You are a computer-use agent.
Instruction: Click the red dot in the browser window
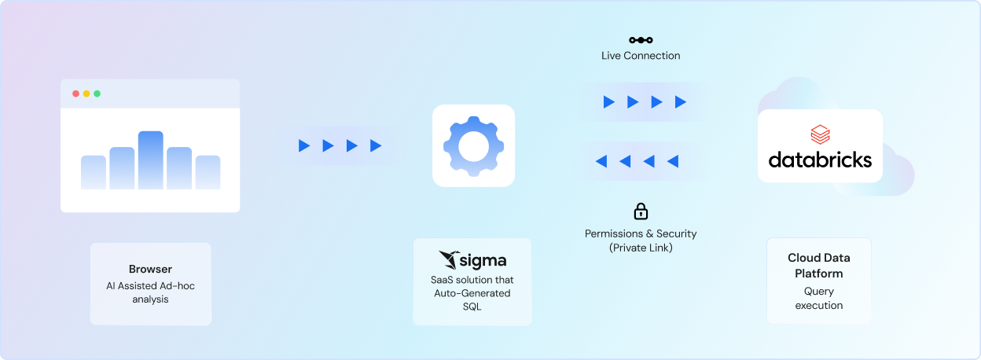click(75, 94)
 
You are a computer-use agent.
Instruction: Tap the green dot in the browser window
click(97, 94)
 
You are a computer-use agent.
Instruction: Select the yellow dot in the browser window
click(86, 94)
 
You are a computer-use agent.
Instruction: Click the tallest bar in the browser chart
click(150, 160)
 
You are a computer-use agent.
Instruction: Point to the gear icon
click(473, 145)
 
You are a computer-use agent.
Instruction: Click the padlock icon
click(641, 211)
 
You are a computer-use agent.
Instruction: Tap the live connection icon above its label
click(641, 40)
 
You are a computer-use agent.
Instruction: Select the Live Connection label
click(641, 56)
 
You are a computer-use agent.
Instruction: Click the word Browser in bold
click(150, 269)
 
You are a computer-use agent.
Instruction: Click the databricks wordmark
click(820, 160)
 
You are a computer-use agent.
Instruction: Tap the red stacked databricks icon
click(820, 134)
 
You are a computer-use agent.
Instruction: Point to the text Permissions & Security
click(641, 233)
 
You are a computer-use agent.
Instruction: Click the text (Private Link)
click(641, 248)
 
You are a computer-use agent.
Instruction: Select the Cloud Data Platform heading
click(819, 266)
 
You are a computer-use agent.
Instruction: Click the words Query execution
click(819, 298)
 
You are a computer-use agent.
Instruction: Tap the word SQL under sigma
click(472, 307)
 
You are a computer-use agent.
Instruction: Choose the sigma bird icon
click(450, 260)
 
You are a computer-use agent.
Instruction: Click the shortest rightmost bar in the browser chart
click(208, 172)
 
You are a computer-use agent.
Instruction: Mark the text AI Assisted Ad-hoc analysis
click(150, 292)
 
